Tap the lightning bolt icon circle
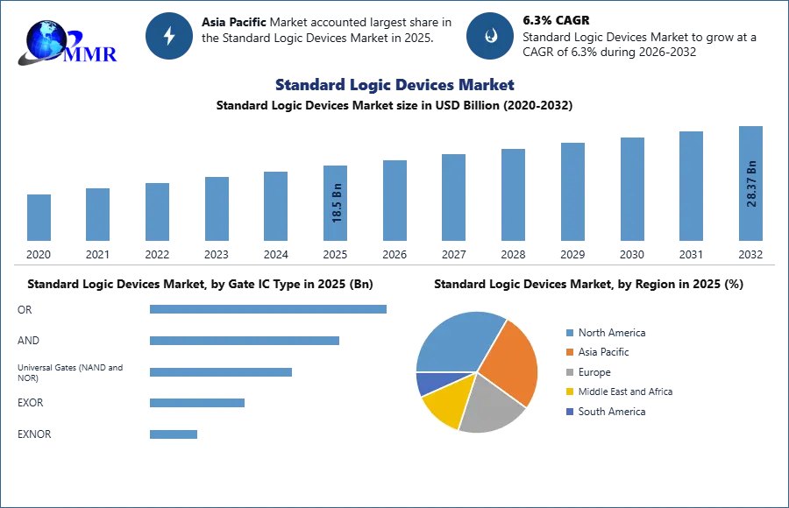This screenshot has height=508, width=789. pyautogui.click(x=170, y=36)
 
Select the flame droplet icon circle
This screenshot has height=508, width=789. pyautogui.click(x=490, y=36)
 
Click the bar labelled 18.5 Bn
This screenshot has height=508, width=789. pyautogui.click(x=337, y=203)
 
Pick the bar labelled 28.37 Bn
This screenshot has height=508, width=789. pyautogui.click(x=750, y=185)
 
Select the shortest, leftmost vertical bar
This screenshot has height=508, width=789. pyautogui.click(x=39, y=217)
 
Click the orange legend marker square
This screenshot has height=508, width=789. pyautogui.click(x=569, y=352)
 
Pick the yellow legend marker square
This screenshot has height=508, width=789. pyautogui.click(x=569, y=392)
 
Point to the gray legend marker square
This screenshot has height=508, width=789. pyautogui.click(x=569, y=372)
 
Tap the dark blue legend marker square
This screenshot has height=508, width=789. pyautogui.click(x=569, y=412)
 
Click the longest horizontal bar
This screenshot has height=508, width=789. pyautogui.click(x=269, y=308)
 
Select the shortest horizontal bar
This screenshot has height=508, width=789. pyautogui.click(x=174, y=434)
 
